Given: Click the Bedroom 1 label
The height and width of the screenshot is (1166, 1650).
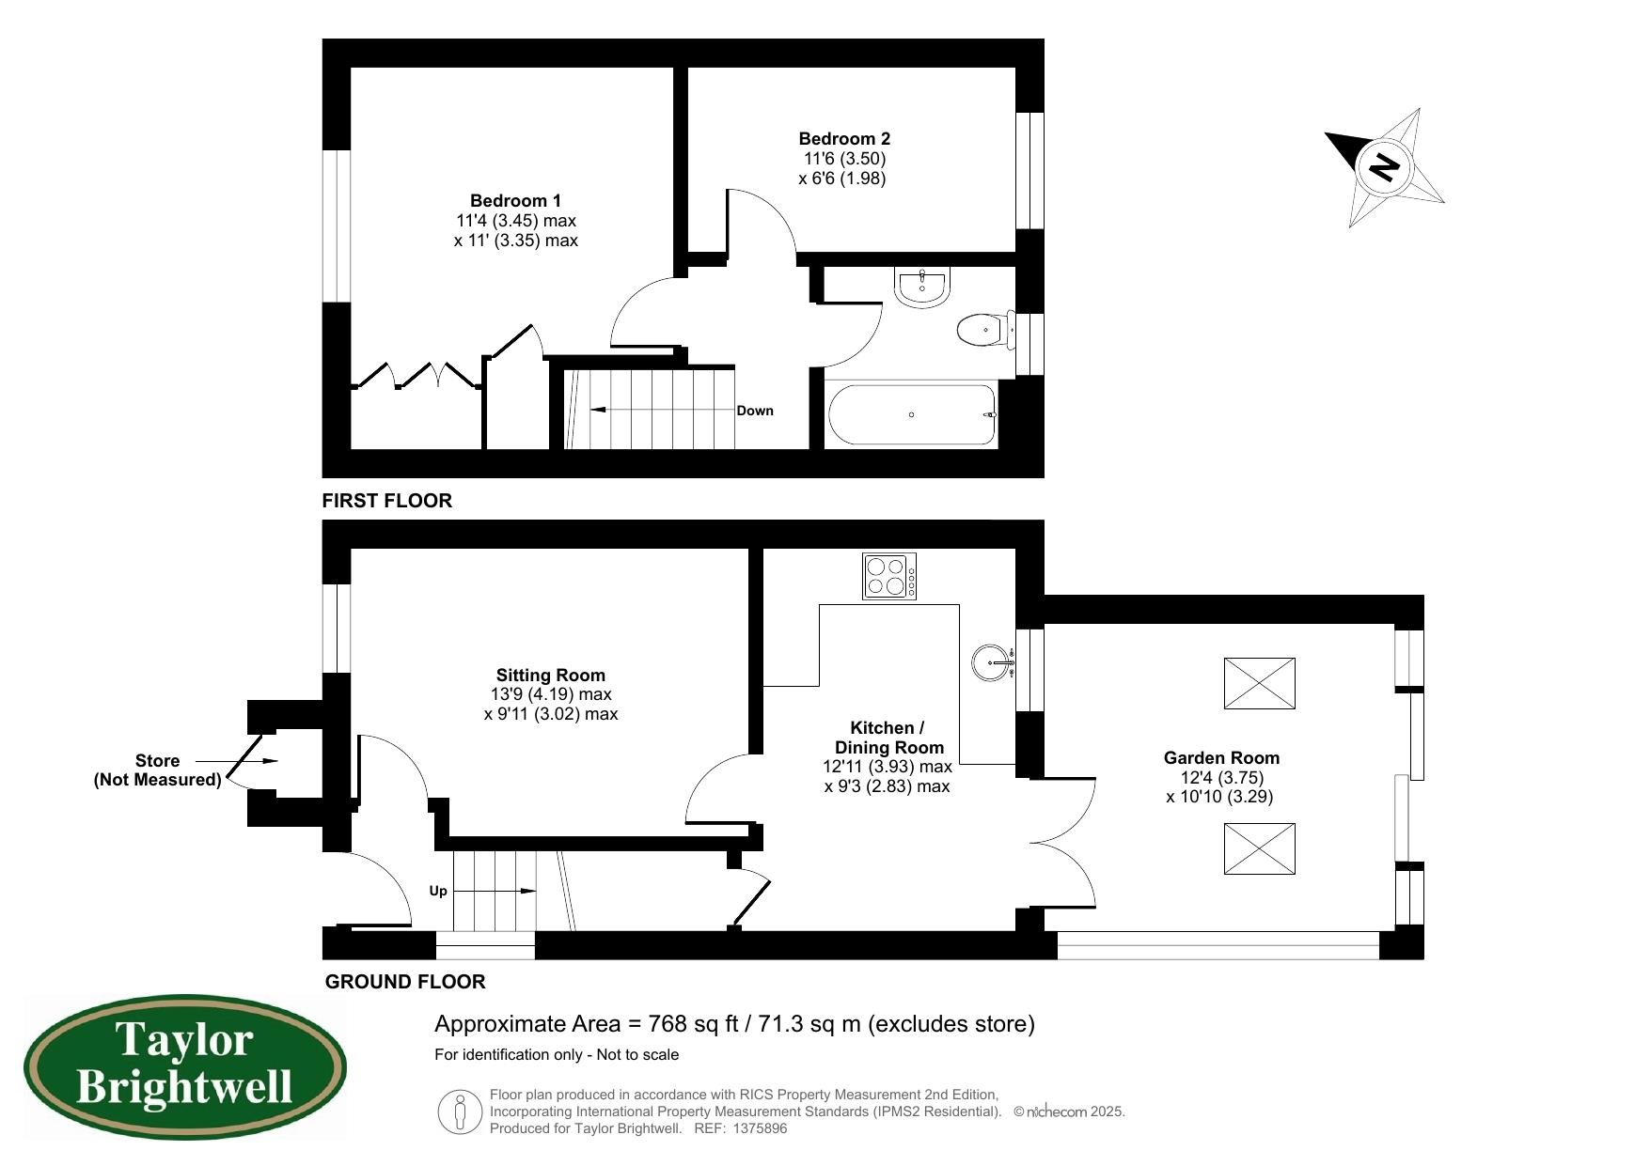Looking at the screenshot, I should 515,200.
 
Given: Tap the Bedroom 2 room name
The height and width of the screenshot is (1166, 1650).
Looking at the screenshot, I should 843,139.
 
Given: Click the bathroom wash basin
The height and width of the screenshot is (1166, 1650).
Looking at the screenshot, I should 923,288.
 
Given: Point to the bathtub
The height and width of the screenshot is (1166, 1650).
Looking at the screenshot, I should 910,414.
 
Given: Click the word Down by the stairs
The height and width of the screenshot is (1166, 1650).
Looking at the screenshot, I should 755,411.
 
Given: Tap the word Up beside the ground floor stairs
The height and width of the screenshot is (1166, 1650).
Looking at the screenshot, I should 438,891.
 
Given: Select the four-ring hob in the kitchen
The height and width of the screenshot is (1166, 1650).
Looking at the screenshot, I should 888,576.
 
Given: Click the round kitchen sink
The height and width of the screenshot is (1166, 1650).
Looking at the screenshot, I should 991,661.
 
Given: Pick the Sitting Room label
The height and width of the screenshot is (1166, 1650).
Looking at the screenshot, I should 550,675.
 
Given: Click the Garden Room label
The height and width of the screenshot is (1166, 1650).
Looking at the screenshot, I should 1220,757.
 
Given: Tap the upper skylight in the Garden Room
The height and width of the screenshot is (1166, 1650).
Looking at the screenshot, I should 1259,683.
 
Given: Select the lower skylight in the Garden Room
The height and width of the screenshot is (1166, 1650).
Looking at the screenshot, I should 1259,848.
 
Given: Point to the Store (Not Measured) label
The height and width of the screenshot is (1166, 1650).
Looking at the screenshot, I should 157,770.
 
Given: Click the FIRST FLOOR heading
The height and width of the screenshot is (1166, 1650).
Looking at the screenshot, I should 386,501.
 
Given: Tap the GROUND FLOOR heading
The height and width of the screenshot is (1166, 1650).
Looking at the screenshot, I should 405,982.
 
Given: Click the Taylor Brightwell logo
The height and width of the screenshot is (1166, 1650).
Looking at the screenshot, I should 184,1067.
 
